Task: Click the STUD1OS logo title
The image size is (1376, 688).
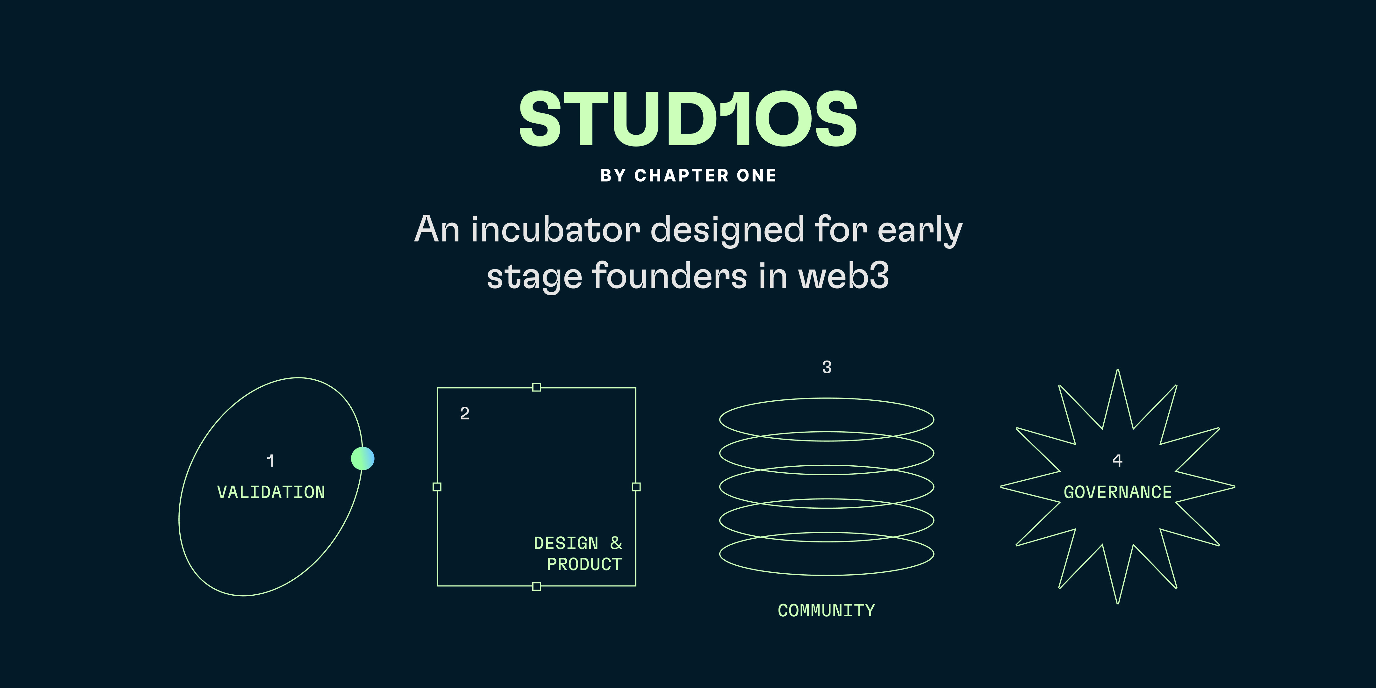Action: (688, 118)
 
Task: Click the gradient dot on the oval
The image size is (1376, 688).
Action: (363, 458)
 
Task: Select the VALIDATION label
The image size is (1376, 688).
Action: (271, 492)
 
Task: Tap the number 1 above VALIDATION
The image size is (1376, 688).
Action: (271, 461)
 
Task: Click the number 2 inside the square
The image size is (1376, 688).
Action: (465, 413)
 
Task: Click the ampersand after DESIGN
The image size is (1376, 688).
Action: (616, 543)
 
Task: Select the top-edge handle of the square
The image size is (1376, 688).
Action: (537, 387)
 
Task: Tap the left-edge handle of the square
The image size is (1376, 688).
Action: (437, 487)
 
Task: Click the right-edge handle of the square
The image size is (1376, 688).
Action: (636, 487)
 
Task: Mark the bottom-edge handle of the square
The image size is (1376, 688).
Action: (537, 586)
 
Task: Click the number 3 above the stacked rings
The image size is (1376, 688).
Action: (827, 367)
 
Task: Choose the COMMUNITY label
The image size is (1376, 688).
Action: (826, 611)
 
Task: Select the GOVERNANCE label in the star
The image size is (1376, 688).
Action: (1117, 492)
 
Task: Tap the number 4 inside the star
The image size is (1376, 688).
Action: (1117, 461)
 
